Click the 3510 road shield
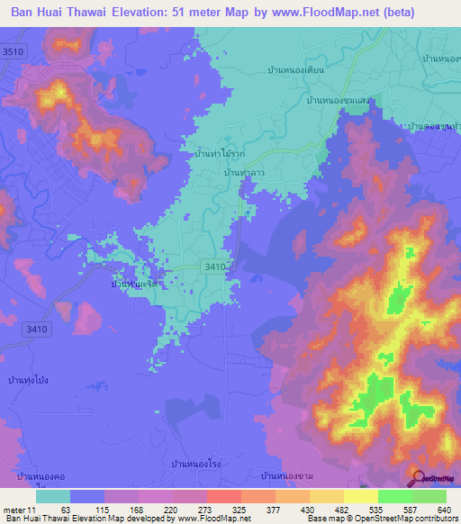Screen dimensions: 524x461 point(13,52)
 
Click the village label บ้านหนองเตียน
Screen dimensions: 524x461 point(295,69)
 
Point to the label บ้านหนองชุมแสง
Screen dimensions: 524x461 point(342,103)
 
